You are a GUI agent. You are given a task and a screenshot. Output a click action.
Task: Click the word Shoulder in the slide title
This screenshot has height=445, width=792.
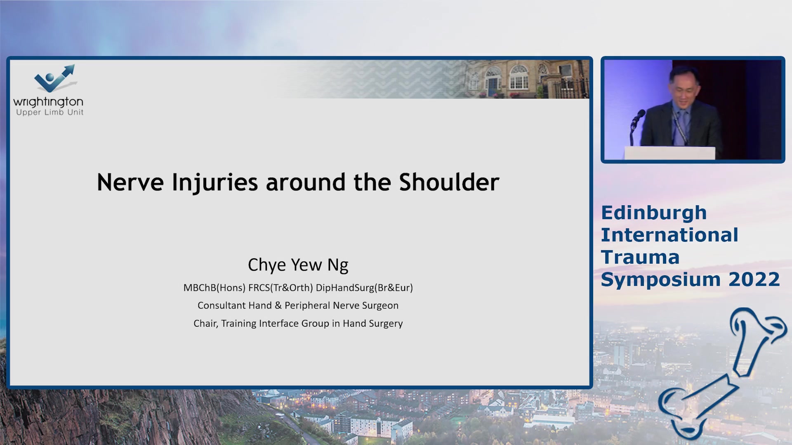[x=449, y=182]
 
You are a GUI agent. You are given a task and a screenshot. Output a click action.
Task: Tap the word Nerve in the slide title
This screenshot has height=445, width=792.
[x=130, y=182]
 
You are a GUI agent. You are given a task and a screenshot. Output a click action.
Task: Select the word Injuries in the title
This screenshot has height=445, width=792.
[x=215, y=183]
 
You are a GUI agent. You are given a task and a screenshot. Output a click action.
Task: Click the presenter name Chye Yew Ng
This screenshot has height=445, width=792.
[x=298, y=265]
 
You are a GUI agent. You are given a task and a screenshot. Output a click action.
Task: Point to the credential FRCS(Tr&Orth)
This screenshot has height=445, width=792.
[x=280, y=288]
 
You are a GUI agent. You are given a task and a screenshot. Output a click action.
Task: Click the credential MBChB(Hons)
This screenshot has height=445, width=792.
[x=214, y=288]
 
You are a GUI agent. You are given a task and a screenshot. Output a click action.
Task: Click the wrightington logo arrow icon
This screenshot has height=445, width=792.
[x=55, y=78]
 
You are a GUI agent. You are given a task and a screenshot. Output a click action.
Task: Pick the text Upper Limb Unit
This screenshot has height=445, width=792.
[x=49, y=112]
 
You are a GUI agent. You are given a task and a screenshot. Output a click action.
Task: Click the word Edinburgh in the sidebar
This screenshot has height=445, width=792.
[x=654, y=213]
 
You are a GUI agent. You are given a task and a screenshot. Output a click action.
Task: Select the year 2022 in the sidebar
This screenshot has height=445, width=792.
[x=754, y=279]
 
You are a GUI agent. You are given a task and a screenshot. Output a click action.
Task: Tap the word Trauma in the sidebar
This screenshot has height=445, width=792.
[x=640, y=258]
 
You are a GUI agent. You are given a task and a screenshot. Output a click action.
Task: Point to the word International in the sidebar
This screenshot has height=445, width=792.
[x=669, y=235]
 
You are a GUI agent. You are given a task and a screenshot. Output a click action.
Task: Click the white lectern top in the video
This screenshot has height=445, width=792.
[x=670, y=153]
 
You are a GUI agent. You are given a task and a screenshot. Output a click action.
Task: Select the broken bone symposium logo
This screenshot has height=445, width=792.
[x=722, y=373]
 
